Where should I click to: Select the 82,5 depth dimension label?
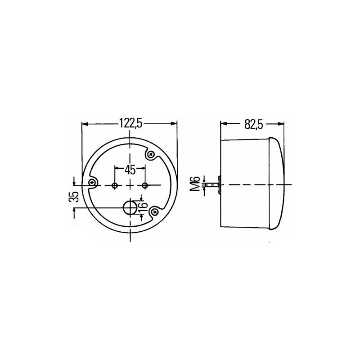pos(253,125)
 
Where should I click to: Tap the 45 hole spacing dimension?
pos(130,170)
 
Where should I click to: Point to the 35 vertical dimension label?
pos(74,197)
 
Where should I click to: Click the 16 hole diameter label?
pos(143,205)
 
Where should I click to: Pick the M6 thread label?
pos(196,184)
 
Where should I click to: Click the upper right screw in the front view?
pos(151,154)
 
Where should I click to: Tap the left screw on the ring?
pos(93,183)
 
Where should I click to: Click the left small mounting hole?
pos(115,185)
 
